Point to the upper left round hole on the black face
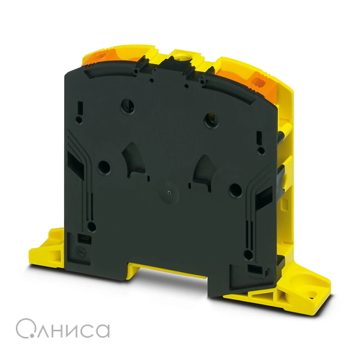tap(127, 105)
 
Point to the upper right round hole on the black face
tap(212, 120)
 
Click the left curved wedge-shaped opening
tap(134, 160)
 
